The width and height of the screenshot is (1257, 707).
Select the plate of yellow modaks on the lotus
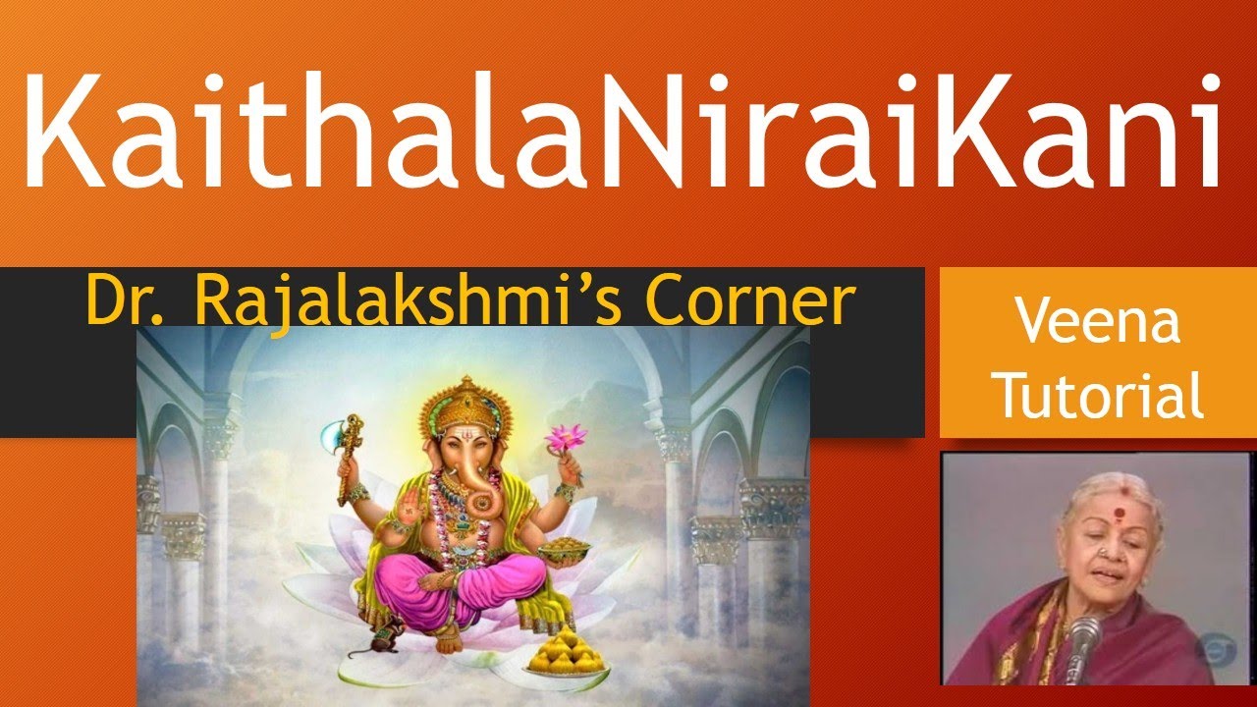(x=568, y=654)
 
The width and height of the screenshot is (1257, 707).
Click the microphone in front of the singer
(x=1082, y=643)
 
